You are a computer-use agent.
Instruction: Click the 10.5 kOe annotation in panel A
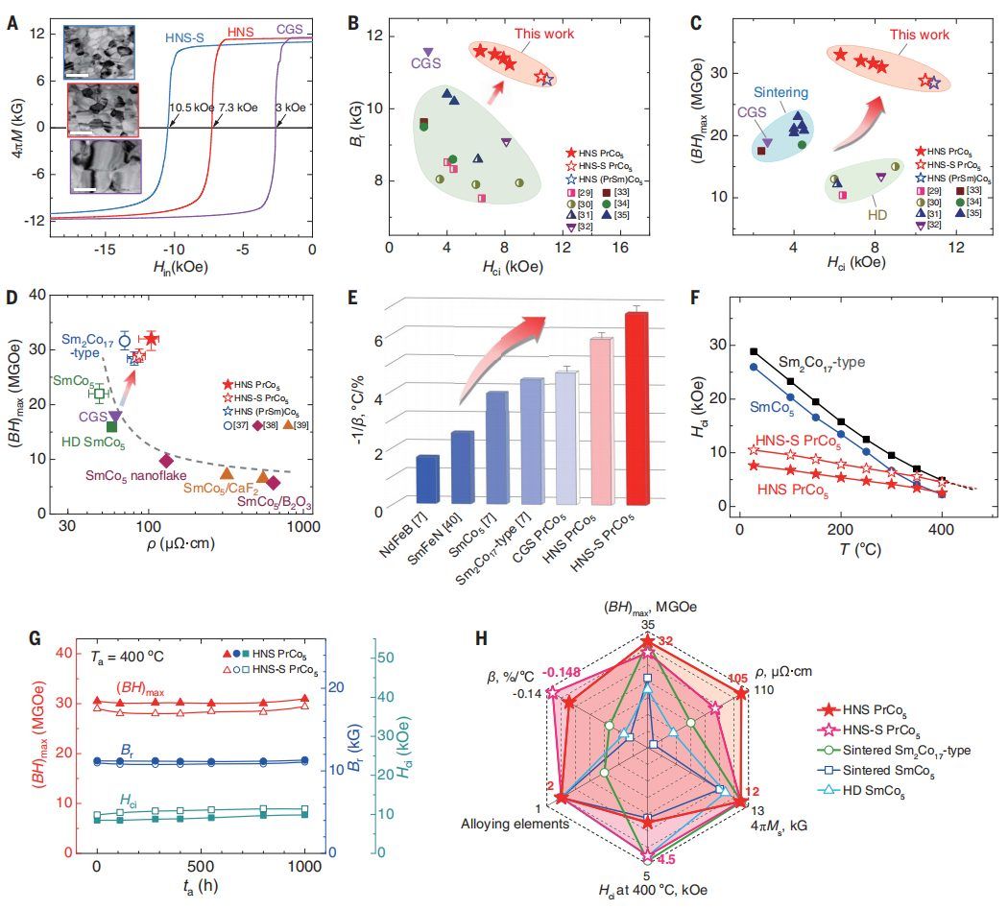[x=190, y=108]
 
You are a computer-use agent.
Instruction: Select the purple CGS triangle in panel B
[x=428, y=52]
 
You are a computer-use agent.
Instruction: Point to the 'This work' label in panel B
[x=544, y=34]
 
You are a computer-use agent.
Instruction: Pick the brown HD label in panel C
[x=876, y=217]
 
